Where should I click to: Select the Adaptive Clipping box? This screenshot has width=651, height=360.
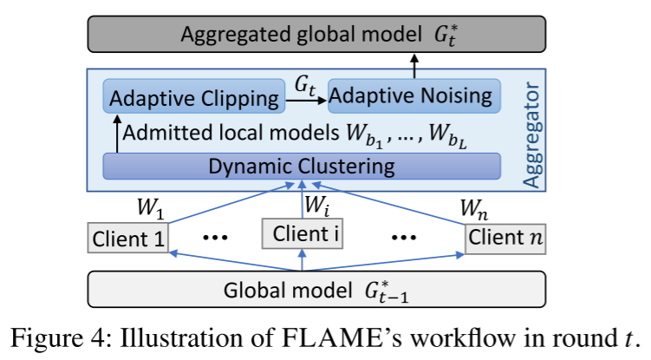pos(195,96)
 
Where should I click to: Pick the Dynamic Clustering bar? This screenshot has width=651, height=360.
pos(301,165)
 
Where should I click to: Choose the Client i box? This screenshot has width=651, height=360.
pos(299,232)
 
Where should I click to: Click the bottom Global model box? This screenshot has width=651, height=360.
pos(316,287)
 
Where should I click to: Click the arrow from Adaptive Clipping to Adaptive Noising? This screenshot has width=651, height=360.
pos(307,101)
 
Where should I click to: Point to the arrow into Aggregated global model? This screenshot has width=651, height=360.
pos(414,63)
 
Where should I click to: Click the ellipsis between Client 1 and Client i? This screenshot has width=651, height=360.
pos(214,237)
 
